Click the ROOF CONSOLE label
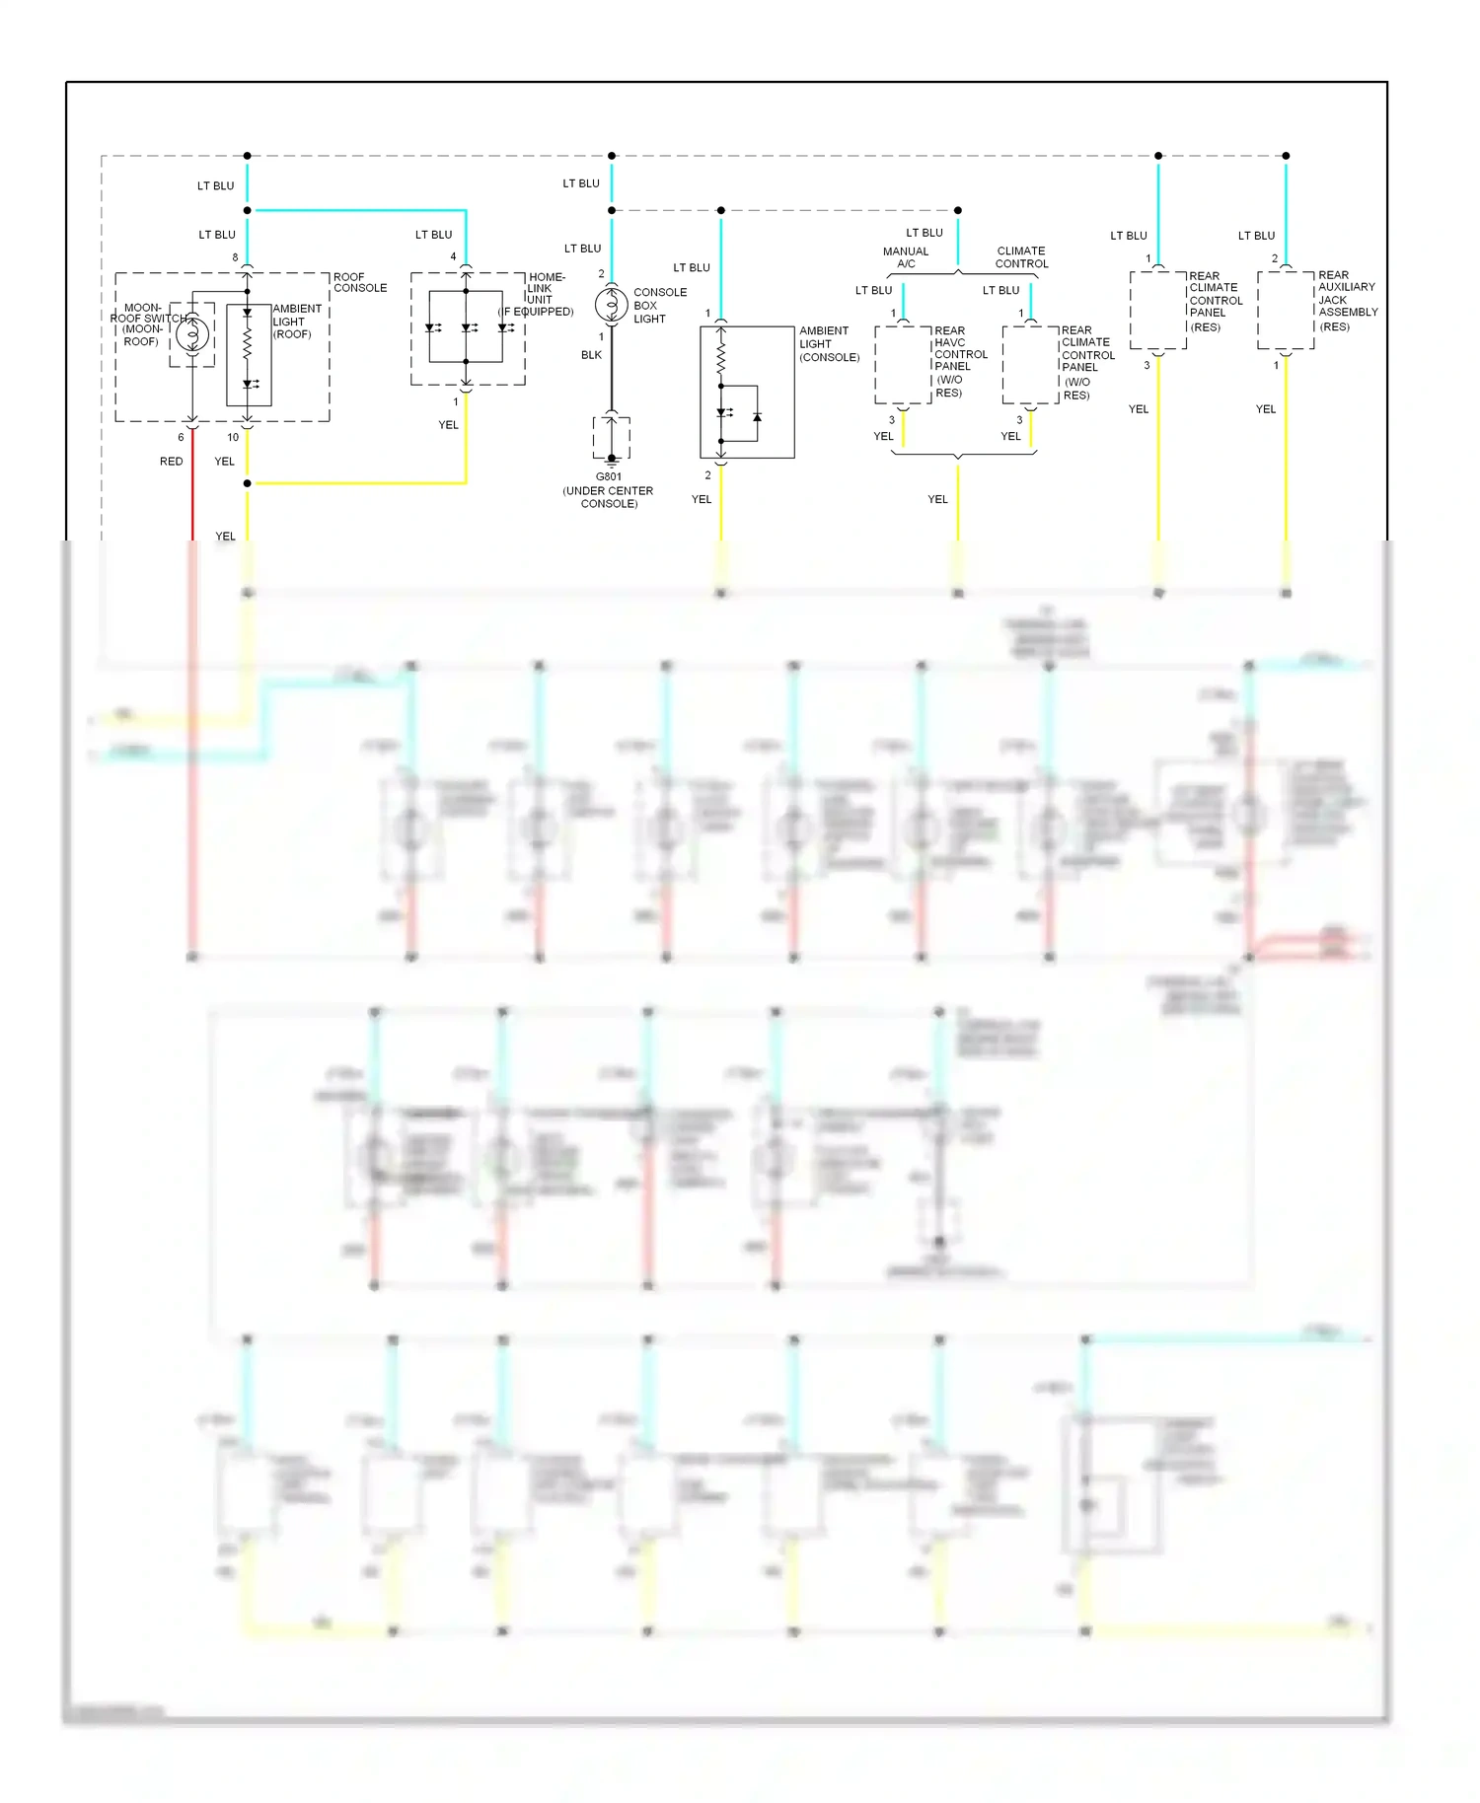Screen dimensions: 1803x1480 (360, 283)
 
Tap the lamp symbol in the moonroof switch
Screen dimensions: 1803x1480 (192, 334)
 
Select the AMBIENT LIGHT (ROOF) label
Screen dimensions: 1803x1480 (296, 322)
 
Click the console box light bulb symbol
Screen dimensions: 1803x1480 (612, 305)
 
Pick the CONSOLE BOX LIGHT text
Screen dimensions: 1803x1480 (659, 306)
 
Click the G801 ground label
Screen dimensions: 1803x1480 (609, 477)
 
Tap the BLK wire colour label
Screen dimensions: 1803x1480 (591, 355)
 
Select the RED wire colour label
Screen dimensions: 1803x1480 (172, 462)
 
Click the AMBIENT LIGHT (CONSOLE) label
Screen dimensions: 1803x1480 (829, 344)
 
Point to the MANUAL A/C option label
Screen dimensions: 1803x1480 (906, 257)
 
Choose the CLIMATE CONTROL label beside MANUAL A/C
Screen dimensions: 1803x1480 (1021, 257)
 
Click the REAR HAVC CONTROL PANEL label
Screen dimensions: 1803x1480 (960, 361)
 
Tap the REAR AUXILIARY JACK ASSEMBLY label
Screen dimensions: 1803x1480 (1347, 301)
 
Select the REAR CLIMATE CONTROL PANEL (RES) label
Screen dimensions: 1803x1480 (1215, 301)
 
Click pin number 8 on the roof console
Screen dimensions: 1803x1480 (235, 258)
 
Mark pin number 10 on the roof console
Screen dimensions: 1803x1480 (233, 437)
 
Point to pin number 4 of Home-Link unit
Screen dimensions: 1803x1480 (453, 257)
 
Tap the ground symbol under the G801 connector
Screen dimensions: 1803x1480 (612, 460)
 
